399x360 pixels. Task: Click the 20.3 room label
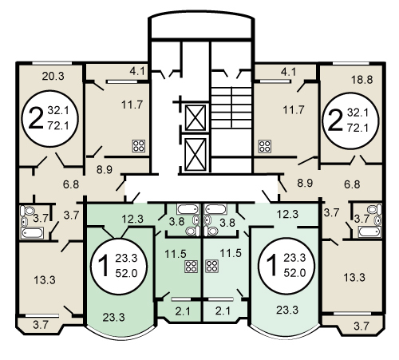click(x=53, y=77)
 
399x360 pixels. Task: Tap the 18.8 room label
click(x=361, y=80)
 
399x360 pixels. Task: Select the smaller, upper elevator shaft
click(x=196, y=118)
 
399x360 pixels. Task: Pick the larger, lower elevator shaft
click(x=196, y=154)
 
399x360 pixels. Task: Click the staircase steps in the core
click(x=231, y=109)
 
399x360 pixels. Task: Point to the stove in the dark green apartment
click(x=192, y=266)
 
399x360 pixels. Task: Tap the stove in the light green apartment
click(x=211, y=266)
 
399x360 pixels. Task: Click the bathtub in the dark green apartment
click(x=188, y=209)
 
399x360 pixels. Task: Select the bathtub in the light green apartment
click(x=216, y=209)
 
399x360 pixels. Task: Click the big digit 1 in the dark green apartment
click(x=103, y=266)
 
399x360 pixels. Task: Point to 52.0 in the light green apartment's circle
click(x=294, y=273)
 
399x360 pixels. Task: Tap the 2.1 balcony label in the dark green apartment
click(x=183, y=311)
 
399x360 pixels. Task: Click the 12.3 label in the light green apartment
click(x=287, y=214)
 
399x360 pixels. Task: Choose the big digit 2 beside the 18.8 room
click(x=334, y=121)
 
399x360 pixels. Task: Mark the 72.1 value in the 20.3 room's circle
click(x=58, y=126)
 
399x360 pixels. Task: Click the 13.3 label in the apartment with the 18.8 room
click(x=354, y=278)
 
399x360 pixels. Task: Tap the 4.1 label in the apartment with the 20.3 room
click(x=137, y=71)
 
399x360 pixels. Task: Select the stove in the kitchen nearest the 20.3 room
click(x=139, y=146)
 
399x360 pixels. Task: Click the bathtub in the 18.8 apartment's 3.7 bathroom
click(x=369, y=231)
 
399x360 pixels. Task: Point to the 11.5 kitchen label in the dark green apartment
click(x=176, y=254)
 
